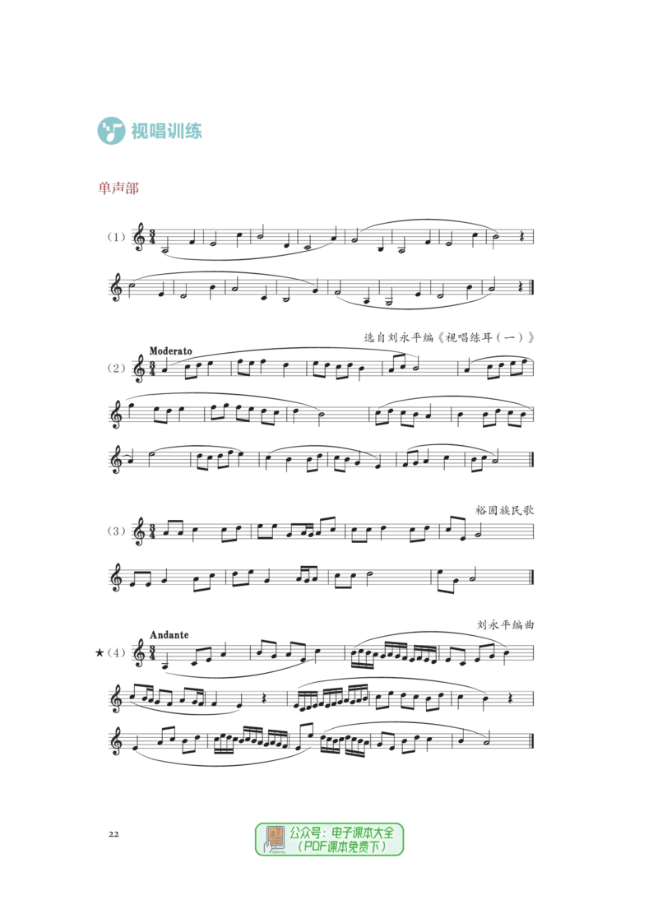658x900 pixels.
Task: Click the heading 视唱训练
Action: [x=166, y=131]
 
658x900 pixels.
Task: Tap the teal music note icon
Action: [x=111, y=131]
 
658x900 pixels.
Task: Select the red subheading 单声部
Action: [x=118, y=188]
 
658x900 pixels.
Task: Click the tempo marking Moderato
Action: [x=170, y=350]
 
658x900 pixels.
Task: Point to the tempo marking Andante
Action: [x=169, y=635]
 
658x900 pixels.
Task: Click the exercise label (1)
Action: [x=116, y=237]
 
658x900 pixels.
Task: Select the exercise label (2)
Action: [x=116, y=368]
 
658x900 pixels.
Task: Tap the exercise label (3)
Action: [x=116, y=531]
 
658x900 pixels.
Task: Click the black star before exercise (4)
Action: [x=100, y=652]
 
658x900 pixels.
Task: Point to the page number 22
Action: [x=114, y=834]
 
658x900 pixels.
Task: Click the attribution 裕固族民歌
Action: [x=505, y=510]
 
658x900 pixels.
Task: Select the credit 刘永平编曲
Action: [x=505, y=624]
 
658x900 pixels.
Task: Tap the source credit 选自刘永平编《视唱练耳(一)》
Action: [x=449, y=337]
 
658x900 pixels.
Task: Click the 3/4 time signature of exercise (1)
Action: [x=153, y=237]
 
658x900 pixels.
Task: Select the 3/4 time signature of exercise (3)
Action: [x=153, y=531]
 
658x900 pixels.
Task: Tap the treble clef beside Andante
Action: [x=139, y=652]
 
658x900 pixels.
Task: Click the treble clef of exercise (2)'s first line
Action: [x=139, y=368]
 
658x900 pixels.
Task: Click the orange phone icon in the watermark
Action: [x=274, y=838]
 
